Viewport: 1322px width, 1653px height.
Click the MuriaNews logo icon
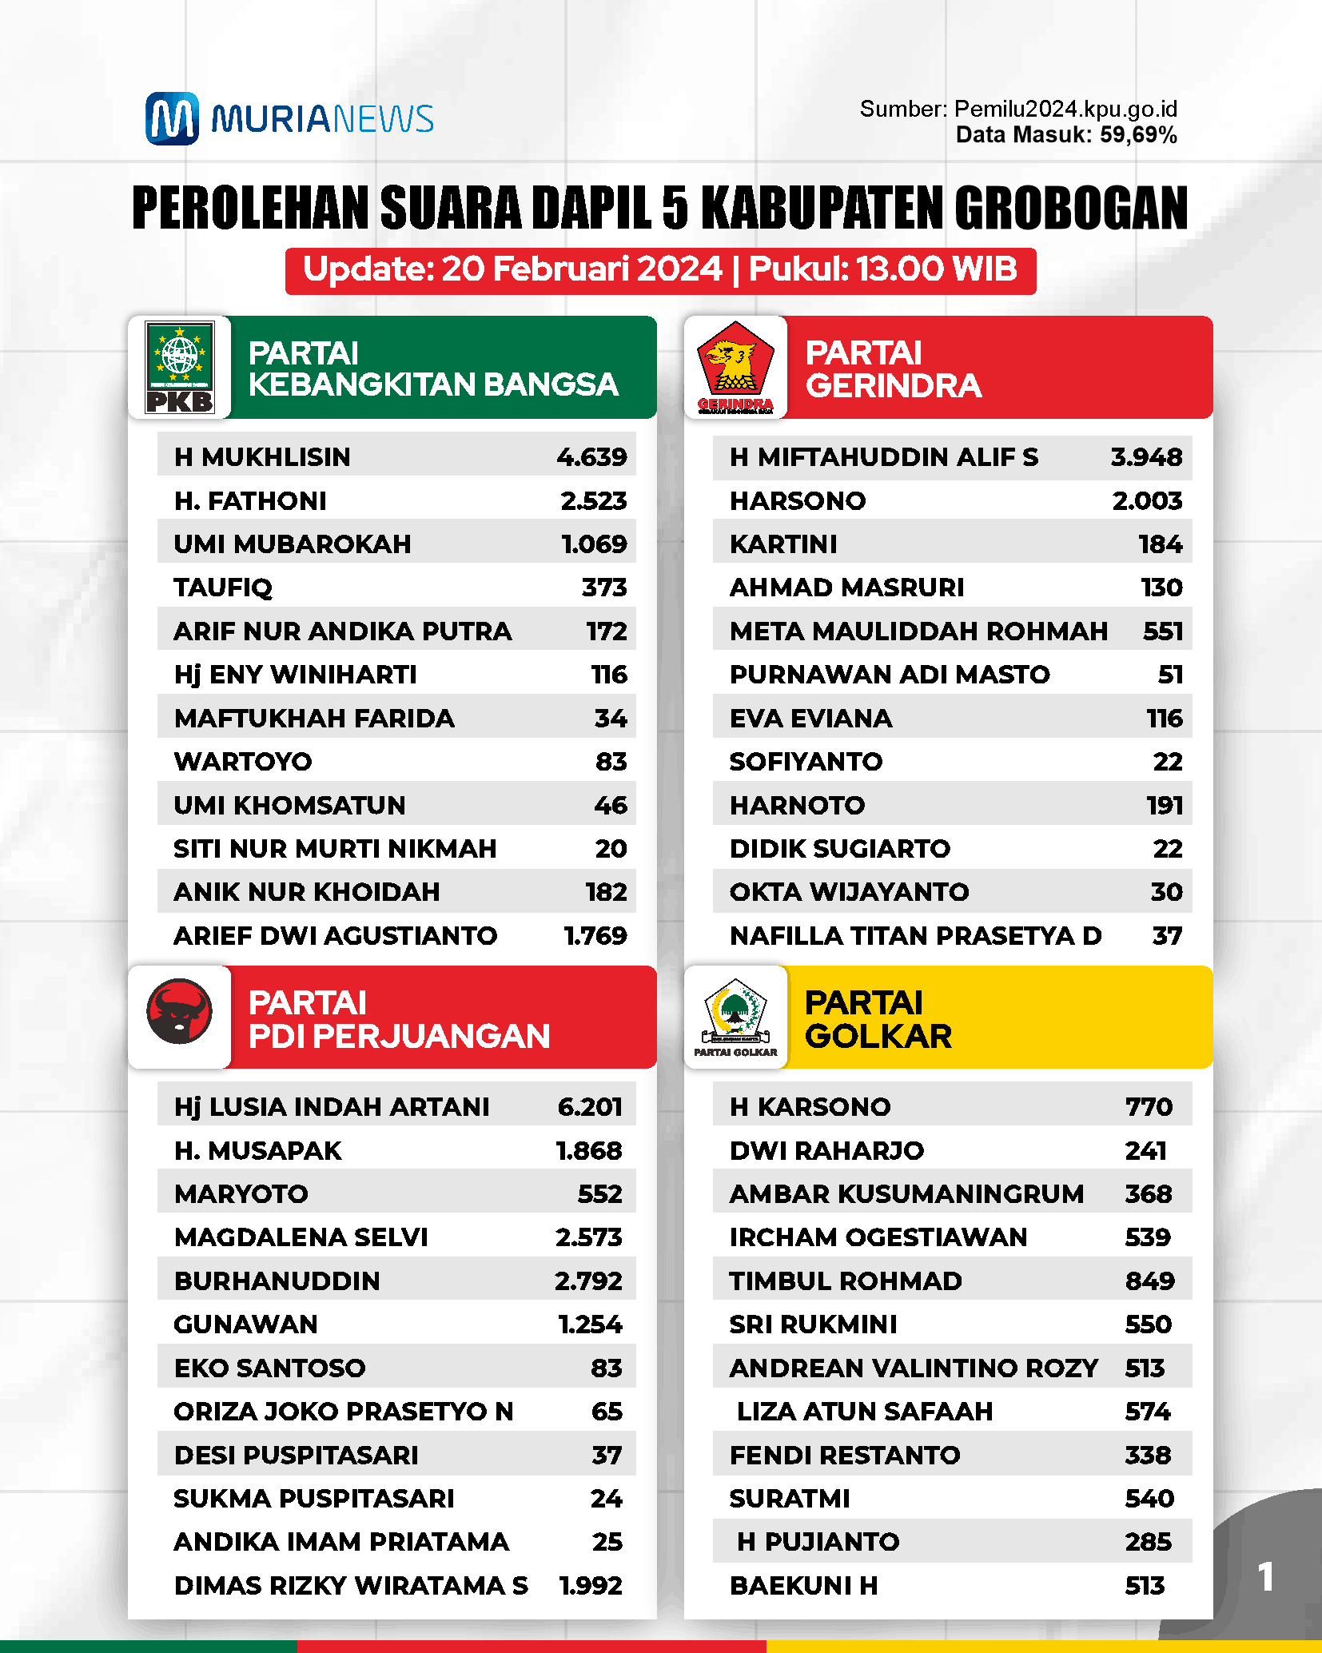tap(172, 118)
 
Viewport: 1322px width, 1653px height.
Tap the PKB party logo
tap(180, 367)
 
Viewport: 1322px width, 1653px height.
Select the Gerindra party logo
tap(735, 367)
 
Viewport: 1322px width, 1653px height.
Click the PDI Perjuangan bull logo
tap(180, 1011)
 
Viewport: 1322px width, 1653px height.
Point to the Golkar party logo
tap(735, 1016)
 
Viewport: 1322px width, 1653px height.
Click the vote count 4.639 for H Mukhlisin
tap(591, 457)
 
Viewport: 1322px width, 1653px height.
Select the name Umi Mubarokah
tap(293, 544)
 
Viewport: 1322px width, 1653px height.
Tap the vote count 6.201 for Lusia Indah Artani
tap(590, 1107)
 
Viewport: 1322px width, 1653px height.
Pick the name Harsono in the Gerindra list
tap(798, 501)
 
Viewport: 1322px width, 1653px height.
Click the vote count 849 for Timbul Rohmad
tap(1149, 1281)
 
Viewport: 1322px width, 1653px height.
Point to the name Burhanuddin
tap(277, 1281)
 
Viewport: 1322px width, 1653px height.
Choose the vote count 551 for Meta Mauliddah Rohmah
tap(1162, 631)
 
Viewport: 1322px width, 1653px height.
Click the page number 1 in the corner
tap(1265, 1577)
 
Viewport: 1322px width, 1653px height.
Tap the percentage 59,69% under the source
tap(1138, 135)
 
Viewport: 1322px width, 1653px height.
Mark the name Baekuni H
tap(803, 1586)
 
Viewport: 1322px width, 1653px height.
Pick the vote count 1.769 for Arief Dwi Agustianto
tap(595, 936)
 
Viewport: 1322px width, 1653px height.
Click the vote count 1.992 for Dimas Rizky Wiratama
tap(590, 1586)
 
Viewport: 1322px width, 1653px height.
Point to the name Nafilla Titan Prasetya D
tap(915, 936)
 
